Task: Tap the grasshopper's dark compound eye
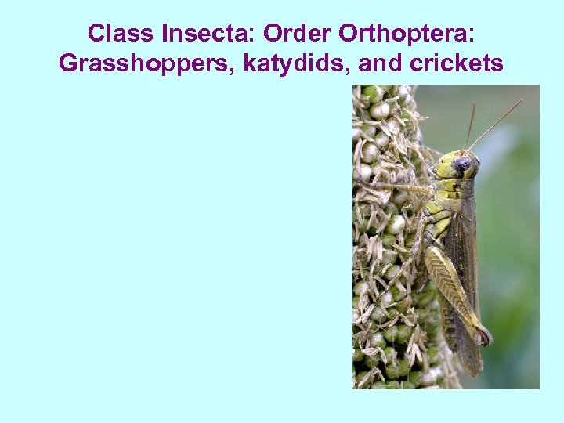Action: tap(463, 164)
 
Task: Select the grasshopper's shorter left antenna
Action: tap(470, 126)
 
